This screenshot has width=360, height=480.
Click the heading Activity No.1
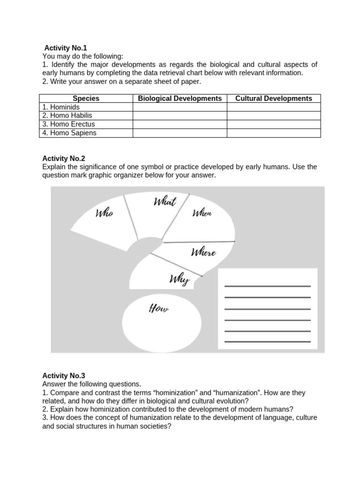click(x=65, y=48)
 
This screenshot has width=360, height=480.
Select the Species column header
click(x=86, y=98)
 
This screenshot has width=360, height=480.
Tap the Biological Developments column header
click(x=180, y=98)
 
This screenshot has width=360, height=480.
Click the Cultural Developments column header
click(x=273, y=98)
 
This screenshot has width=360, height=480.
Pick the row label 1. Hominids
click(x=61, y=107)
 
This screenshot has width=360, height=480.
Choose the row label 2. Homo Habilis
click(x=67, y=115)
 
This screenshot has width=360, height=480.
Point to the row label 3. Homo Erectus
click(x=68, y=124)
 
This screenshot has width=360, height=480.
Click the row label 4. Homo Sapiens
click(x=69, y=133)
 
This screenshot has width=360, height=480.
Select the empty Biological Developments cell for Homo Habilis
click(x=180, y=115)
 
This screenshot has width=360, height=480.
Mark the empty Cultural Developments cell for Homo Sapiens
click(x=273, y=133)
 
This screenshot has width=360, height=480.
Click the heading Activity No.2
click(x=64, y=158)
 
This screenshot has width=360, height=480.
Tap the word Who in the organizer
click(x=104, y=213)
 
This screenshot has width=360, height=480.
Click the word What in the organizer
click(x=165, y=202)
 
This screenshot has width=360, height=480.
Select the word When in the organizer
click(x=202, y=213)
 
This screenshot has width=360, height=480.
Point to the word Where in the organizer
click(x=203, y=253)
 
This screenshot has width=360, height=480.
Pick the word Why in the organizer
click(x=179, y=280)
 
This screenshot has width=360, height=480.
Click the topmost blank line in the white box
click(x=267, y=286)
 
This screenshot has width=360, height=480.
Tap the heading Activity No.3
click(x=64, y=375)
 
